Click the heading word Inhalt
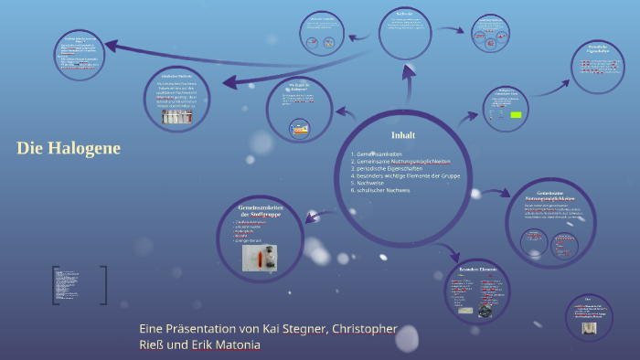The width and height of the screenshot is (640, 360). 403,135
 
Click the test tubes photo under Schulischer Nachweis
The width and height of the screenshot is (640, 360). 179,118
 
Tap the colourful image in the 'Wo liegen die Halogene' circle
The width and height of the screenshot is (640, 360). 299,129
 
